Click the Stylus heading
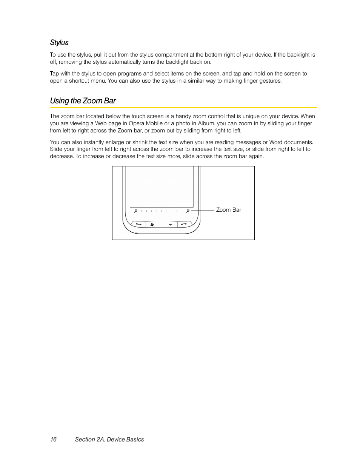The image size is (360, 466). [x=59, y=43]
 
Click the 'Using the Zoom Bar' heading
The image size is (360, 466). [x=83, y=101]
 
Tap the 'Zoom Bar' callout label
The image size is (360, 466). [x=228, y=210]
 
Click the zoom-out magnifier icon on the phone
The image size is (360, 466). [x=135, y=211]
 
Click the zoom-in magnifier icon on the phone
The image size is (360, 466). [x=188, y=211]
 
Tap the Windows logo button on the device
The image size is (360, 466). [x=152, y=225]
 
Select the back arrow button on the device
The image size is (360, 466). [x=171, y=225]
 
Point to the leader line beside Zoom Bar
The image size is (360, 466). [x=203, y=211]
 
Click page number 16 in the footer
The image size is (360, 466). [x=53, y=439]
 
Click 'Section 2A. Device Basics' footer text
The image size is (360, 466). [x=109, y=439]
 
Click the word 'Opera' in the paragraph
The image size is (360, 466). [x=136, y=123]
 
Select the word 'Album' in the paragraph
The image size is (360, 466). [x=206, y=123]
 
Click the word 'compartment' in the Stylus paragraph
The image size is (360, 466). [x=172, y=55]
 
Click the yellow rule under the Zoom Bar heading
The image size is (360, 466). [x=183, y=108]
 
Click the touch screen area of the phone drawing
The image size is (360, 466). [x=162, y=187]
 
